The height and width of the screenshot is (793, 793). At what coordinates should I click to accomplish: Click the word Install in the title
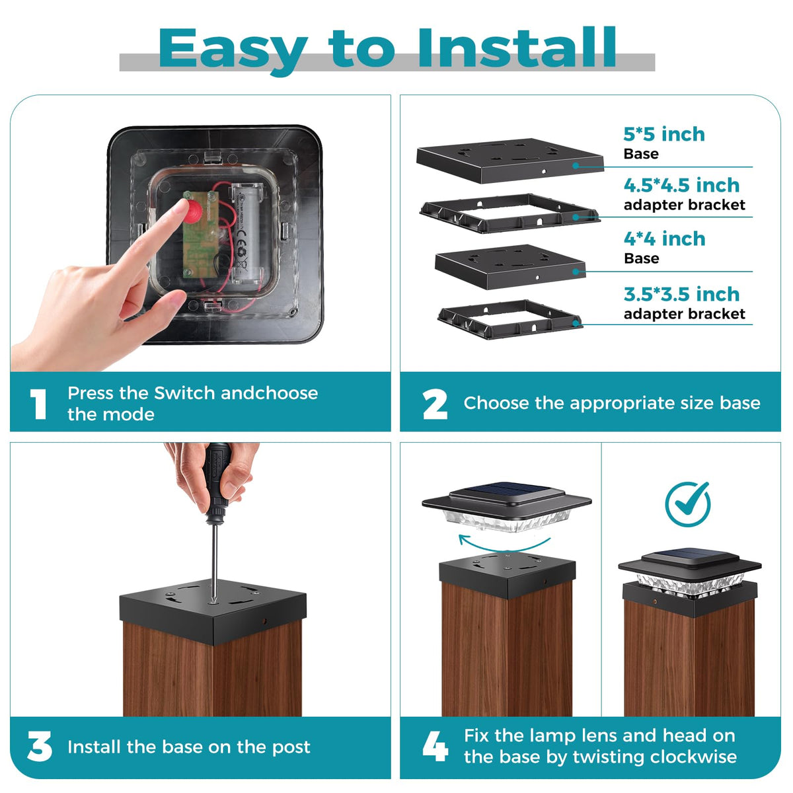(x=517, y=48)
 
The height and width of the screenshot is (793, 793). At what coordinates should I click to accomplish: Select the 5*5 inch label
(x=663, y=134)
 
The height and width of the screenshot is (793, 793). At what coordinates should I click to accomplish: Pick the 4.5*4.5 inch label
(x=681, y=185)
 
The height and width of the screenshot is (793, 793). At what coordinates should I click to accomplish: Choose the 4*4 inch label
(x=664, y=239)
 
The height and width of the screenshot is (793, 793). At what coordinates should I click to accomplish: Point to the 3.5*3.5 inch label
(x=681, y=294)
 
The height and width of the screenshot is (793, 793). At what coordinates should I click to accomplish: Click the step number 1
(x=38, y=404)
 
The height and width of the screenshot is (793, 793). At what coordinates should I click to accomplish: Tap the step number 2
(x=435, y=404)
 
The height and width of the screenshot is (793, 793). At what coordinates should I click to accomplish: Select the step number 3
(x=40, y=746)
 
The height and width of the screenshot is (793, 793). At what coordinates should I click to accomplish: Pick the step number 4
(x=435, y=746)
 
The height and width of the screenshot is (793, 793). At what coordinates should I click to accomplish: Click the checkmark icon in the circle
(x=688, y=504)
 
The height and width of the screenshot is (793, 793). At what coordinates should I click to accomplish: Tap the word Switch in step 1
(x=185, y=393)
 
